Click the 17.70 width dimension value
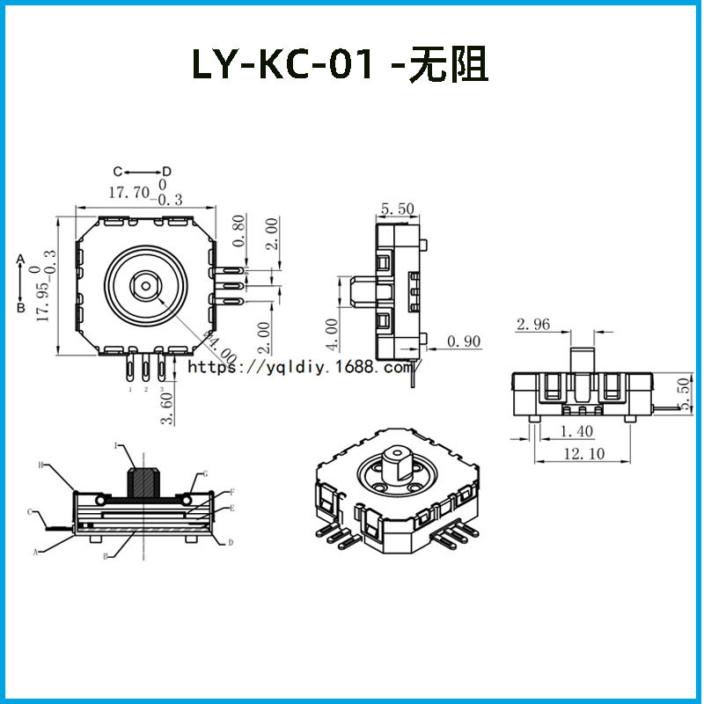128,193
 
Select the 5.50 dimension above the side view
397,209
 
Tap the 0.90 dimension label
464,341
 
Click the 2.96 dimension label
533,325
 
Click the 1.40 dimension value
577,431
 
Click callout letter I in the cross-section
115,446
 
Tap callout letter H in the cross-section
40,464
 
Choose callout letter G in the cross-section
205,473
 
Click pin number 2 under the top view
146,388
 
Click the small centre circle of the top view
143,285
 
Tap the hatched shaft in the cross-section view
143,480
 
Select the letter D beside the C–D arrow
165,171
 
